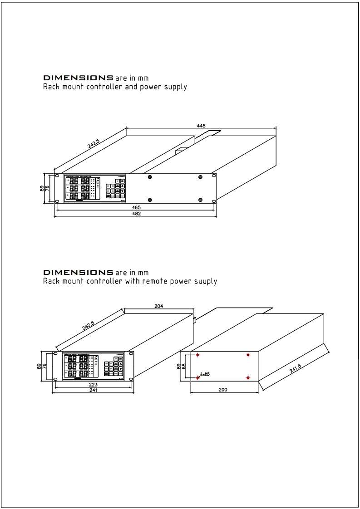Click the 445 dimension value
[201, 126]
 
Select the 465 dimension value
[136, 207]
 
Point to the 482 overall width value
[136, 214]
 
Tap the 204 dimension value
[159, 306]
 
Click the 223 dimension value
[93, 384]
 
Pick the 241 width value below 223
[93, 390]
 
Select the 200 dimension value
[222, 390]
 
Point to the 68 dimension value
[184, 366]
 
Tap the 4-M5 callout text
[205, 374]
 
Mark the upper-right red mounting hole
[248, 355]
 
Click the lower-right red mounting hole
[248, 377]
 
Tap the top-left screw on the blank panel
[149, 176]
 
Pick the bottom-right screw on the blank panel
[200, 200]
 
